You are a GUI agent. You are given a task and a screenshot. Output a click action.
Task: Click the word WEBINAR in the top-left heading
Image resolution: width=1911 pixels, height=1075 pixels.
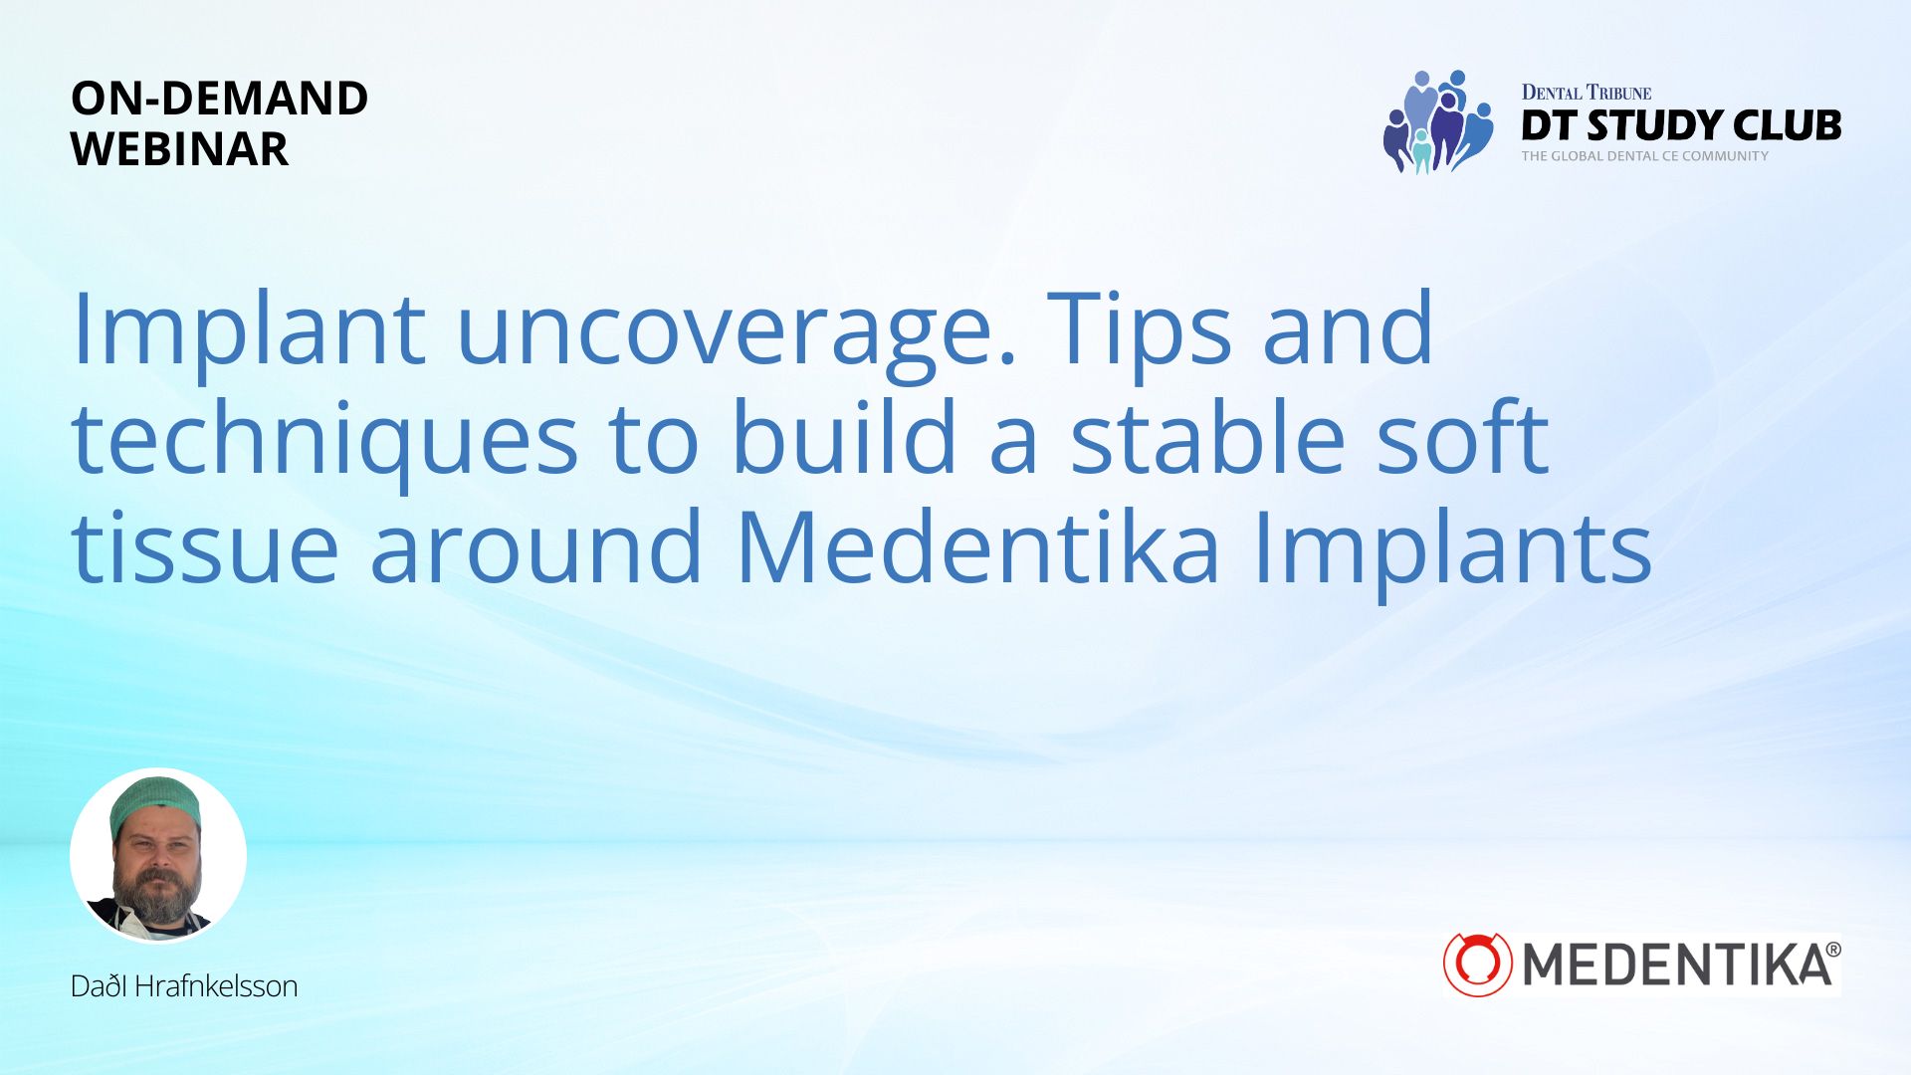point(179,149)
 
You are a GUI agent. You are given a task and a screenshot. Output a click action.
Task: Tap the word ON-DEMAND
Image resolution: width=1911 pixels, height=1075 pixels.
point(220,99)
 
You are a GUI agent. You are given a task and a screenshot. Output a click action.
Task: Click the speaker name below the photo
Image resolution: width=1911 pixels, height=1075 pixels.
point(184,986)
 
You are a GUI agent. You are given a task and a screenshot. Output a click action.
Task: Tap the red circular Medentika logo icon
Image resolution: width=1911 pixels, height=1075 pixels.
point(1478,965)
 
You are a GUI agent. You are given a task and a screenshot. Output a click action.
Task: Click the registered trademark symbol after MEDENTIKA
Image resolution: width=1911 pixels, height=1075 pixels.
point(1832,951)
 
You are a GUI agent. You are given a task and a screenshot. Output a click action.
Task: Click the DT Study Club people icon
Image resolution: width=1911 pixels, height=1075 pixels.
point(1438,121)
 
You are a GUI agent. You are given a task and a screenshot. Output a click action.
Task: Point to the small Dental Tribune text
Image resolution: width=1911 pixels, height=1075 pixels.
point(1587,93)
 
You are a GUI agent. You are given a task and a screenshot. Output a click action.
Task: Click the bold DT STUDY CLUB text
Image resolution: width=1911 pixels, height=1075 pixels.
point(1681,125)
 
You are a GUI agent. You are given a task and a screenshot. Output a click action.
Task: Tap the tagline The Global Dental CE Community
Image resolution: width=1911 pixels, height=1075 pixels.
point(1644,156)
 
